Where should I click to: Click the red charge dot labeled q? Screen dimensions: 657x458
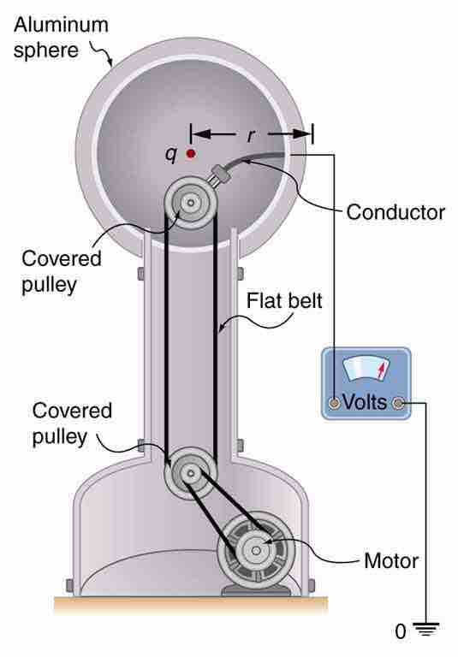tap(190, 154)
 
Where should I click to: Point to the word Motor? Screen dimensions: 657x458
tap(391, 562)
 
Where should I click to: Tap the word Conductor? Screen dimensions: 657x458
tap(395, 211)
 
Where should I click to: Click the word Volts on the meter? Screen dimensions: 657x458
tap(365, 400)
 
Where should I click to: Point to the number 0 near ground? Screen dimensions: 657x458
tap(400, 633)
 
